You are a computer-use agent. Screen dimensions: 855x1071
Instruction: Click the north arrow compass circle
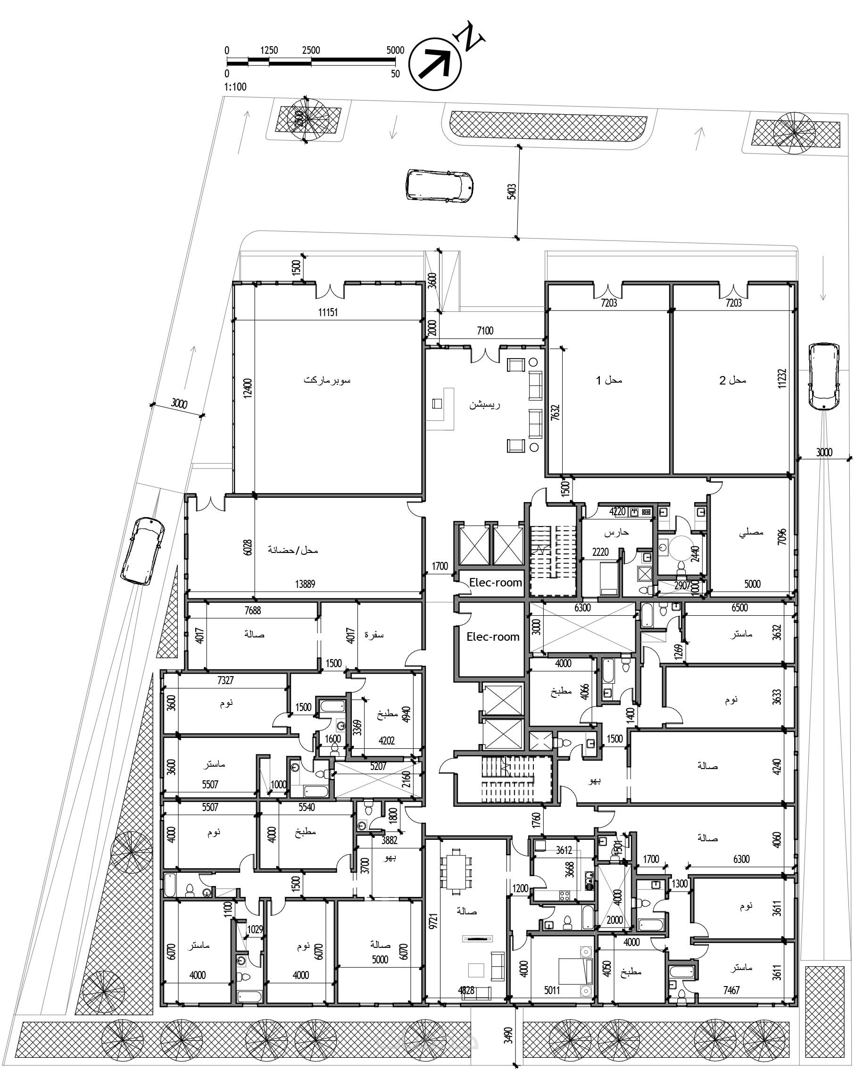(435, 65)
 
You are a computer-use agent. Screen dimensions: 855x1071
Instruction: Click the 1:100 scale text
(235, 87)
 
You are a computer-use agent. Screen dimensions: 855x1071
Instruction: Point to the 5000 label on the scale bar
(395, 50)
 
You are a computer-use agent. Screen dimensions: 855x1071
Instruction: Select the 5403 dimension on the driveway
(511, 192)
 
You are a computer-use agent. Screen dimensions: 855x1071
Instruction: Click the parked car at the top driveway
(440, 186)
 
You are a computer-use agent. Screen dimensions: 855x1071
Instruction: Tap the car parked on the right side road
(824, 376)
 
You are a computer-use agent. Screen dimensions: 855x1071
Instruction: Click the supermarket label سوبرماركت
(327, 381)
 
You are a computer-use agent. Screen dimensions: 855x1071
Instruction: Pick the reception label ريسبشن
(485, 405)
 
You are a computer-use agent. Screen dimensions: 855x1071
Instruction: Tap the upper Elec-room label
(496, 582)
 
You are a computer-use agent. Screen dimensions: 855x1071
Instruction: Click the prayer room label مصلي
(751, 533)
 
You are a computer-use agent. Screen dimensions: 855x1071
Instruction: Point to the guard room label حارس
(617, 533)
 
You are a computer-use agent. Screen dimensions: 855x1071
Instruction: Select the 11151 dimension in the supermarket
(328, 312)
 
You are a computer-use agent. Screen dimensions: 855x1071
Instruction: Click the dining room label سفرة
(374, 635)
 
